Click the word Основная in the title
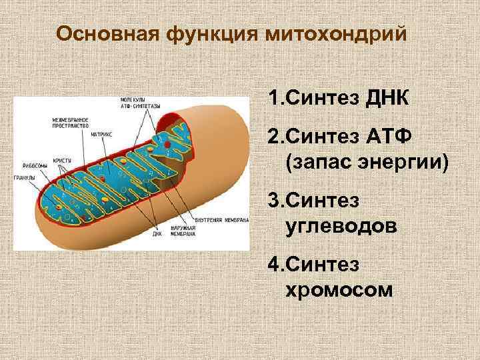tap(98, 34)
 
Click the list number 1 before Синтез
tap(273, 100)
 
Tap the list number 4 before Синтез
tap(273, 265)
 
